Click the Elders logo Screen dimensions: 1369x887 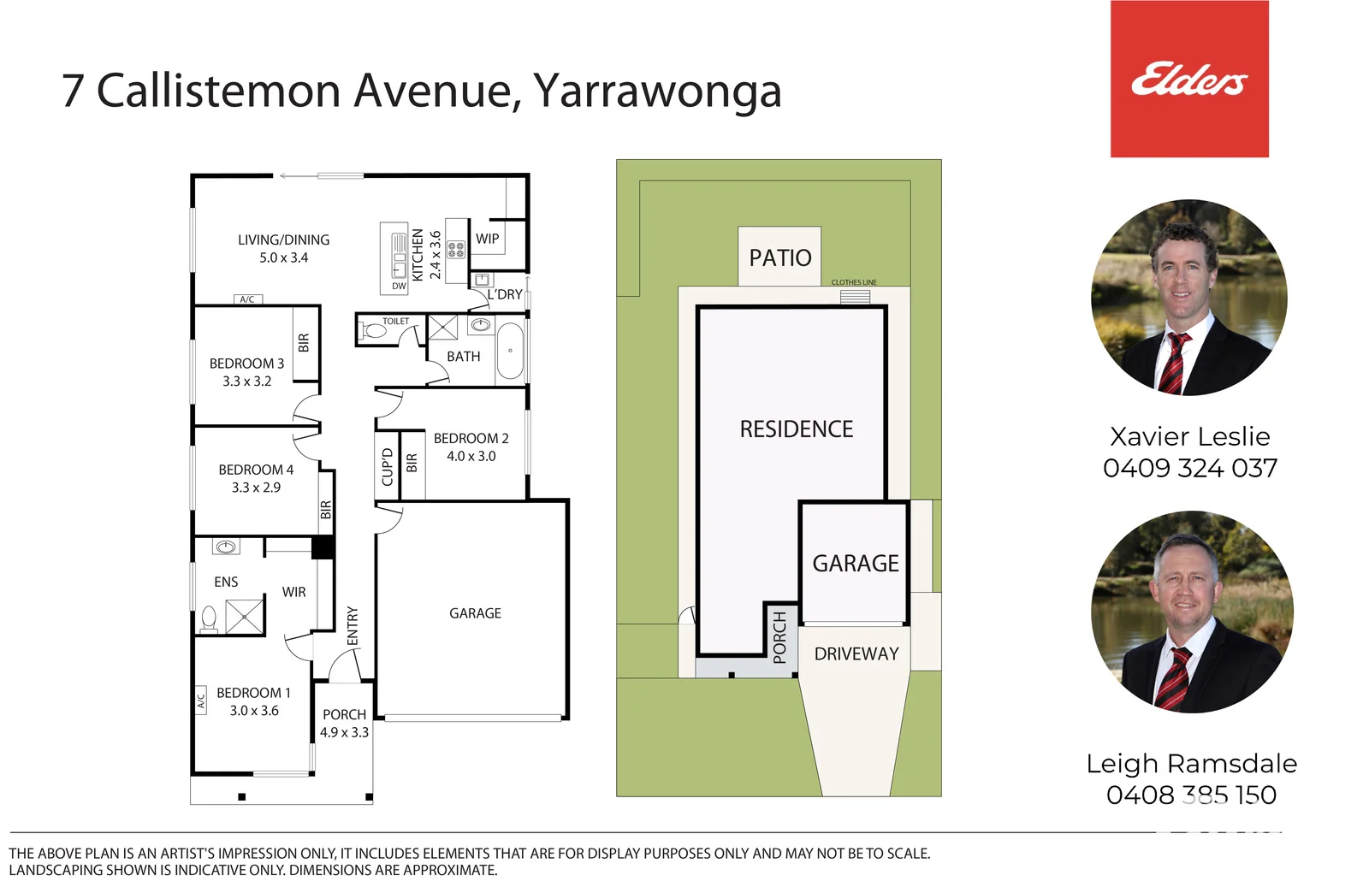pyautogui.click(x=1189, y=79)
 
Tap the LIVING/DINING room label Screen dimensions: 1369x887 pyautogui.click(x=283, y=240)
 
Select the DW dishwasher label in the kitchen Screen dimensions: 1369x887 pyautogui.click(x=399, y=286)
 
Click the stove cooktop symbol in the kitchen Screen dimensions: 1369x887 pyautogui.click(x=457, y=249)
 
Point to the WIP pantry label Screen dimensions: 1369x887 pyautogui.click(x=487, y=239)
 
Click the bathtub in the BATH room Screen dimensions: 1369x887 pyautogui.click(x=510, y=351)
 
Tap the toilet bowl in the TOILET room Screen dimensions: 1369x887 pyautogui.click(x=376, y=330)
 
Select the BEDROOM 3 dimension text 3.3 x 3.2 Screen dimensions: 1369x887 pyautogui.click(x=247, y=381)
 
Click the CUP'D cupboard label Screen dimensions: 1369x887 pyautogui.click(x=387, y=467)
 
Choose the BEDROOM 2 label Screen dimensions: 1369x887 pyautogui.click(x=471, y=438)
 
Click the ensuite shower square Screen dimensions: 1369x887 pyautogui.click(x=245, y=617)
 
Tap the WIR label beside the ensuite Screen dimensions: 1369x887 pyautogui.click(x=294, y=592)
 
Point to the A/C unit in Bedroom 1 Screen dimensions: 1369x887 pyautogui.click(x=200, y=700)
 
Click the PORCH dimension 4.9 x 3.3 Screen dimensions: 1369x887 pyautogui.click(x=345, y=732)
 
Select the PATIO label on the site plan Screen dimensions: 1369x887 pyautogui.click(x=780, y=257)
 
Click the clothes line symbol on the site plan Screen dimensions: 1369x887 pyautogui.click(x=855, y=297)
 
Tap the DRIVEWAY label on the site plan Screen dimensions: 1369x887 pyautogui.click(x=856, y=654)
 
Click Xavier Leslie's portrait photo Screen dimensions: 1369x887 pyautogui.click(x=1189, y=298)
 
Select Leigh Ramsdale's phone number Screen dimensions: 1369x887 pyautogui.click(x=1191, y=795)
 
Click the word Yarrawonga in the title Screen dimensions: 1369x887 pyautogui.click(x=658, y=92)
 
